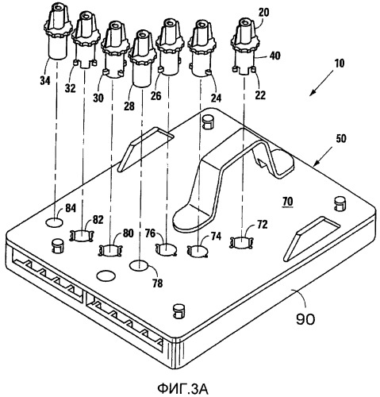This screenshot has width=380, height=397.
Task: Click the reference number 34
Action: pyautogui.click(x=45, y=80)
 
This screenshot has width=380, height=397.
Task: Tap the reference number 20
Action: pyautogui.click(x=263, y=13)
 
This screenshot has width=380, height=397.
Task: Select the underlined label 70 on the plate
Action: pyautogui.click(x=288, y=202)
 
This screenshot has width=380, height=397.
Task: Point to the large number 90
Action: pyautogui.click(x=305, y=319)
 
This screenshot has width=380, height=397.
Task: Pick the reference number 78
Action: pyautogui.click(x=158, y=283)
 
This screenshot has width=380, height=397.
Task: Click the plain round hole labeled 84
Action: pyautogui.click(x=55, y=222)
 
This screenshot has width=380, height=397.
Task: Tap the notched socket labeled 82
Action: pyautogui.click(x=82, y=235)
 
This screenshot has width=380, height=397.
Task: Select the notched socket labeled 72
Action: pyautogui.click(x=242, y=243)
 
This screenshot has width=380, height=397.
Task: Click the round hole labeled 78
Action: pyautogui.click(x=139, y=265)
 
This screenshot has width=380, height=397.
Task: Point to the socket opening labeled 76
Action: pyautogui.click(x=166, y=249)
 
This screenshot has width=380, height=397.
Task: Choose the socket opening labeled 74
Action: pyautogui.click(x=198, y=251)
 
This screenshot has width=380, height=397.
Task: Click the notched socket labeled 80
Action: pyautogui.click(x=110, y=251)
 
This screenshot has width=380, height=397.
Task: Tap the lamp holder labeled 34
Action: pyautogui.click(x=58, y=30)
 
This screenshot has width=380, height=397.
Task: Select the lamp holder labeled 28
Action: pyautogui.click(x=142, y=58)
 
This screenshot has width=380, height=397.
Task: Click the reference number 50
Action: pyautogui.click(x=341, y=138)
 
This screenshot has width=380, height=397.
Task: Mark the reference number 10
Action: pyautogui.click(x=340, y=64)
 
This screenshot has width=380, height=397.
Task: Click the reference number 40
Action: pyautogui.click(x=274, y=56)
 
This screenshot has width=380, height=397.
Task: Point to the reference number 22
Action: pyautogui.click(x=260, y=95)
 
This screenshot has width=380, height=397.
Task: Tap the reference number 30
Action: pyautogui.click(x=98, y=98)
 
